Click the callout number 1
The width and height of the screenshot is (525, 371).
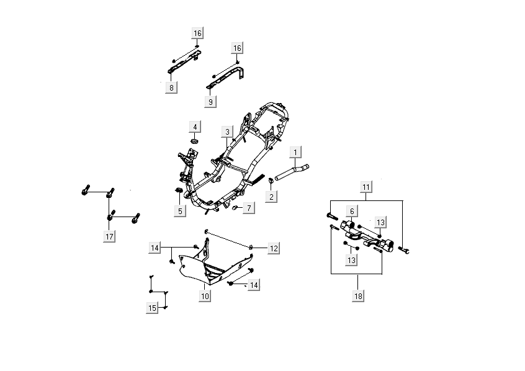click(x=296, y=152)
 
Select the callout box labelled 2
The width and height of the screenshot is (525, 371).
click(x=271, y=196)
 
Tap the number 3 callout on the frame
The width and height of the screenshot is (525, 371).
click(x=228, y=132)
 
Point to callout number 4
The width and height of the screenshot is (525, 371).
click(x=195, y=127)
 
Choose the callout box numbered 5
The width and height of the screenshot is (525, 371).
click(x=180, y=211)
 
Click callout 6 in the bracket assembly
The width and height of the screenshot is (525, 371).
click(x=352, y=211)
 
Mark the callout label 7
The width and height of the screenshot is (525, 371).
click(x=248, y=208)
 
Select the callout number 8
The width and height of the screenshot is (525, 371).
click(x=171, y=87)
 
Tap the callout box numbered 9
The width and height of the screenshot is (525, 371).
click(x=211, y=101)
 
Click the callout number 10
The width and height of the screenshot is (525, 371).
click(x=205, y=297)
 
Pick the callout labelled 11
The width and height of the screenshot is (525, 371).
click(x=366, y=187)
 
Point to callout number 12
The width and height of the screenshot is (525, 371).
click(x=273, y=248)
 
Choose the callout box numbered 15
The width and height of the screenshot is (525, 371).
click(x=152, y=308)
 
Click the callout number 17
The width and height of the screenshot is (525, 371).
click(x=109, y=236)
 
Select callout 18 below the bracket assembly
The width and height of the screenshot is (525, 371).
click(x=359, y=296)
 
